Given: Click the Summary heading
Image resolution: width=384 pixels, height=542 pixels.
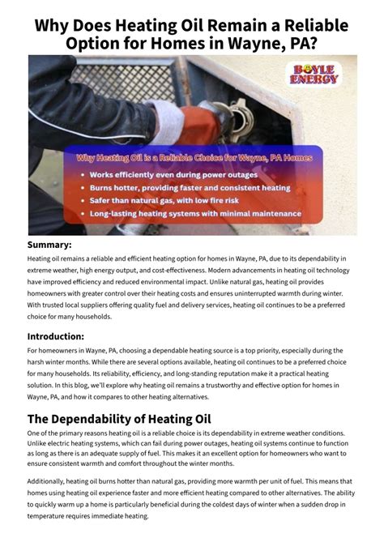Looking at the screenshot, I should point(49,245).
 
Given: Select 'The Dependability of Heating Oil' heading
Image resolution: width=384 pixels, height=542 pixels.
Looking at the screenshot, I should point(118,419).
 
